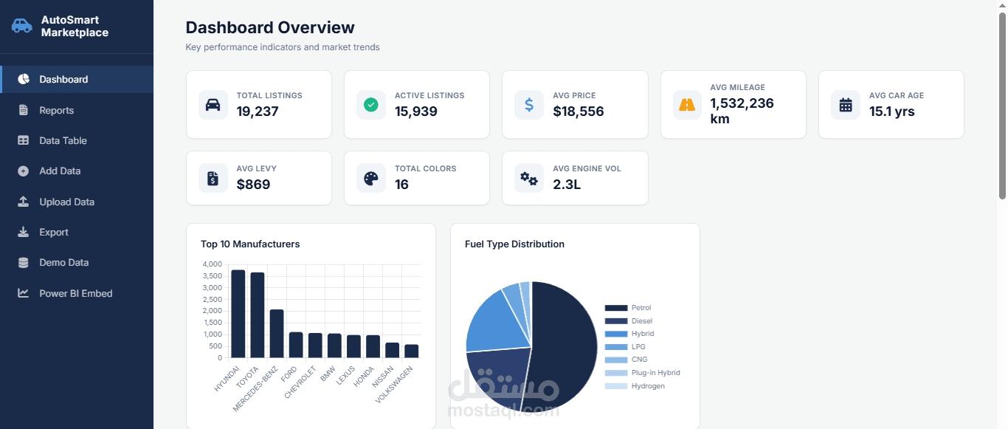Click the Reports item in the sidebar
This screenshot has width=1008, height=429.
pyautogui.click(x=56, y=110)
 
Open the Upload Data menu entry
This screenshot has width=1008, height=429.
pyautogui.click(x=66, y=202)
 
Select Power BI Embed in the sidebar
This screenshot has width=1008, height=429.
pyautogui.click(x=75, y=293)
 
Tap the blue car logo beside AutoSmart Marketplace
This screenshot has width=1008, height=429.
pyautogui.click(x=21, y=26)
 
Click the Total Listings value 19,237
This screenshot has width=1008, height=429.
pyautogui.click(x=258, y=111)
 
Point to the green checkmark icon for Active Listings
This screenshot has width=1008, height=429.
pyautogui.click(x=370, y=105)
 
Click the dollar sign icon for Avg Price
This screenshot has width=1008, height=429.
pyautogui.click(x=529, y=105)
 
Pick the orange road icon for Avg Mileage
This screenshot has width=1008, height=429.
pyautogui.click(x=687, y=105)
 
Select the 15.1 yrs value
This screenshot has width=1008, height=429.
pyautogui.click(x=892, y=111)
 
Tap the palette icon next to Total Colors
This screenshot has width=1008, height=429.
pyautogui.click(x=370, y=178)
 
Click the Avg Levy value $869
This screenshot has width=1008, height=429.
pyautogui.click(x=253, y=184)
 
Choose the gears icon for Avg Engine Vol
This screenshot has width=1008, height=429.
pyautogui.click(x=529, y=178)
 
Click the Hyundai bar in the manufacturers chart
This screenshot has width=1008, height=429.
pyautogui.click(x=238, y=314)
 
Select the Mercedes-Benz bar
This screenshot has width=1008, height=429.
pyautogui.click(x=277, y=334)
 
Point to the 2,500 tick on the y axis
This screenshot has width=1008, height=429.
pyautogui.click(x=213, y=299)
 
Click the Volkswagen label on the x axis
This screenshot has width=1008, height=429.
pyautogui.click(x=394, y=385)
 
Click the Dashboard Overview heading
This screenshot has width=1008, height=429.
pyautogui.click(x=270, y=27)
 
